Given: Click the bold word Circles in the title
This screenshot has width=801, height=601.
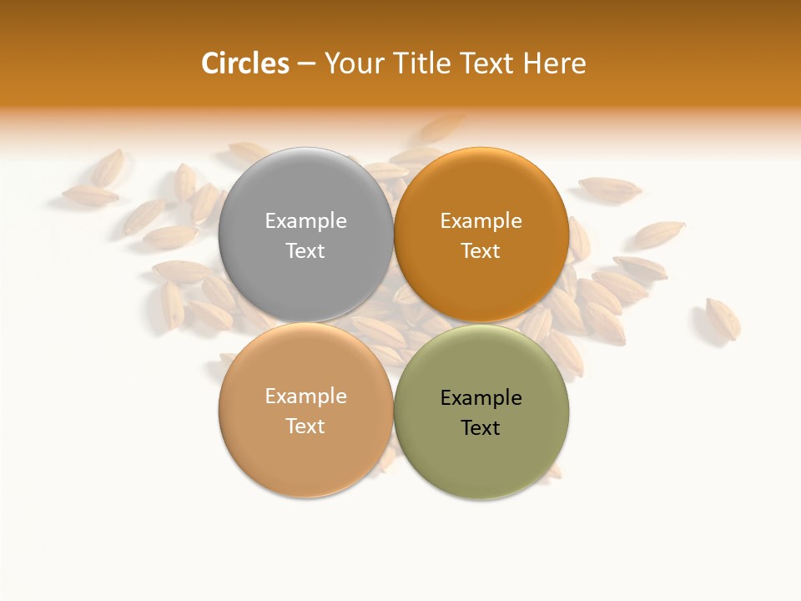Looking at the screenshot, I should (x=244, y=63).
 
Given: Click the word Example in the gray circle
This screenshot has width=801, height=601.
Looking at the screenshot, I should (x=305, y=221).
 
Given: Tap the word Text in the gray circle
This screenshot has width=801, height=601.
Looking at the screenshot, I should (x=305, y=251).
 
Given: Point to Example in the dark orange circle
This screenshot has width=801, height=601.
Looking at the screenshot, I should (x=481, y=221).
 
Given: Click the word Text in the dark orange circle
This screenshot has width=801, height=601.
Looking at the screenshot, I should (x=481, y=251).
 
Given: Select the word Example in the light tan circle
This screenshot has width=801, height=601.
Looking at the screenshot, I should (x=305, y=396).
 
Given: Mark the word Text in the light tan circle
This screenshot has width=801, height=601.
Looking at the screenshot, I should (x=305, y=427).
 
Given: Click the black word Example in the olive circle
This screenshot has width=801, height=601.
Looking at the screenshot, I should (x=481, y=398).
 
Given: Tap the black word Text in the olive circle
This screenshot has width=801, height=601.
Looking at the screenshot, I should (x=481, y=428).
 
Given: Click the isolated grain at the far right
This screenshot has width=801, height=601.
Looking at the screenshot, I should (x=723, y=319).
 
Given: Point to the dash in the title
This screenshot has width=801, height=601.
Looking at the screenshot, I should (x=306, y=63).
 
